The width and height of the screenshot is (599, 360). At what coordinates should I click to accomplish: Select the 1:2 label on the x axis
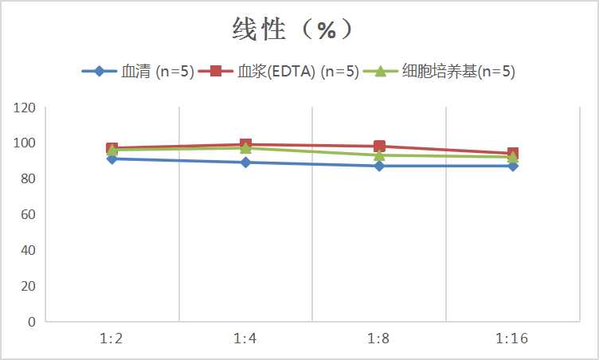point(112,339)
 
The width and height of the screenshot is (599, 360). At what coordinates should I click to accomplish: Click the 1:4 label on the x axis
point(245,339)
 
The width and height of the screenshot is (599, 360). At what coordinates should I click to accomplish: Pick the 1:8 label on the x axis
point(379,339)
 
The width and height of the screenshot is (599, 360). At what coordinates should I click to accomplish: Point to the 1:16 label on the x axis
point(512,339)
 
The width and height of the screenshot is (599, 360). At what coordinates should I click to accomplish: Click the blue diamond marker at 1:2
point(112,159)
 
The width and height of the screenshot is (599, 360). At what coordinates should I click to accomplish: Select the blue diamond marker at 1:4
point(245,162)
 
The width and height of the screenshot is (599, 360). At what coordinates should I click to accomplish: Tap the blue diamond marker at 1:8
point(379,166)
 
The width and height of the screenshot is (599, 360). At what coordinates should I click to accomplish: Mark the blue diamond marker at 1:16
point(512,166)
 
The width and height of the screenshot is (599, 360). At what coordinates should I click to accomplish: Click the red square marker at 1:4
point(245,145)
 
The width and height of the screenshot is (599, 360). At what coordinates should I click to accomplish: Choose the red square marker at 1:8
point(379,147)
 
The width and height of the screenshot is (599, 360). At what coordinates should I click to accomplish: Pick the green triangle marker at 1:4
point(245,148)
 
